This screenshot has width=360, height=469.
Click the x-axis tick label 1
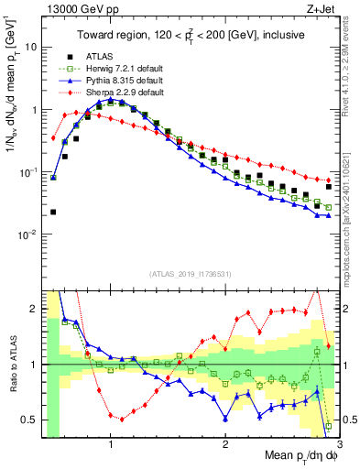point(111,445)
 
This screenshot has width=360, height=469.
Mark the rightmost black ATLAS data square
point(329,187)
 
